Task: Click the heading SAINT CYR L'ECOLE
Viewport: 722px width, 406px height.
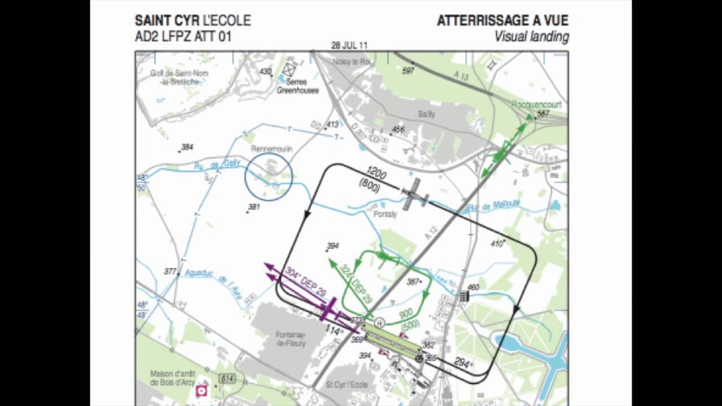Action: pos(192,21)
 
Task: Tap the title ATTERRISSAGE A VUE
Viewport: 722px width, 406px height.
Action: pos(503,21)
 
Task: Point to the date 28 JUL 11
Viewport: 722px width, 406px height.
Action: pos(350,46)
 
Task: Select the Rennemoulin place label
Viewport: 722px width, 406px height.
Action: pos(272,149)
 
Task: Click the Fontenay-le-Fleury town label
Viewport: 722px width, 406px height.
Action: pos(290,337)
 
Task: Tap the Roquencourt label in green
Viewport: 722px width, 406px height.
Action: pos(536,105)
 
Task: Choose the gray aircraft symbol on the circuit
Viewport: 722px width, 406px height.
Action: pos(415,194)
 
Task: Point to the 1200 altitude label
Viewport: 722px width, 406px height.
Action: pos(376,173)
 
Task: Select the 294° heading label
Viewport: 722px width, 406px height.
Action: pos(463,363)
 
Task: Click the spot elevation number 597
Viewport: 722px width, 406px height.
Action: pos(408,70)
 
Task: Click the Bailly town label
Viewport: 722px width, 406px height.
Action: pos(426,114)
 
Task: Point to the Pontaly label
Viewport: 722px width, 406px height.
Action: pos(386,214)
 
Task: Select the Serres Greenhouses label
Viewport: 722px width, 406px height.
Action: pos(297,86)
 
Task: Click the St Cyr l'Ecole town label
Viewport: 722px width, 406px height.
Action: pos(347,385)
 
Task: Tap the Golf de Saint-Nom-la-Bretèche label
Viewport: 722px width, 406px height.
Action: pos(179,78)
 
